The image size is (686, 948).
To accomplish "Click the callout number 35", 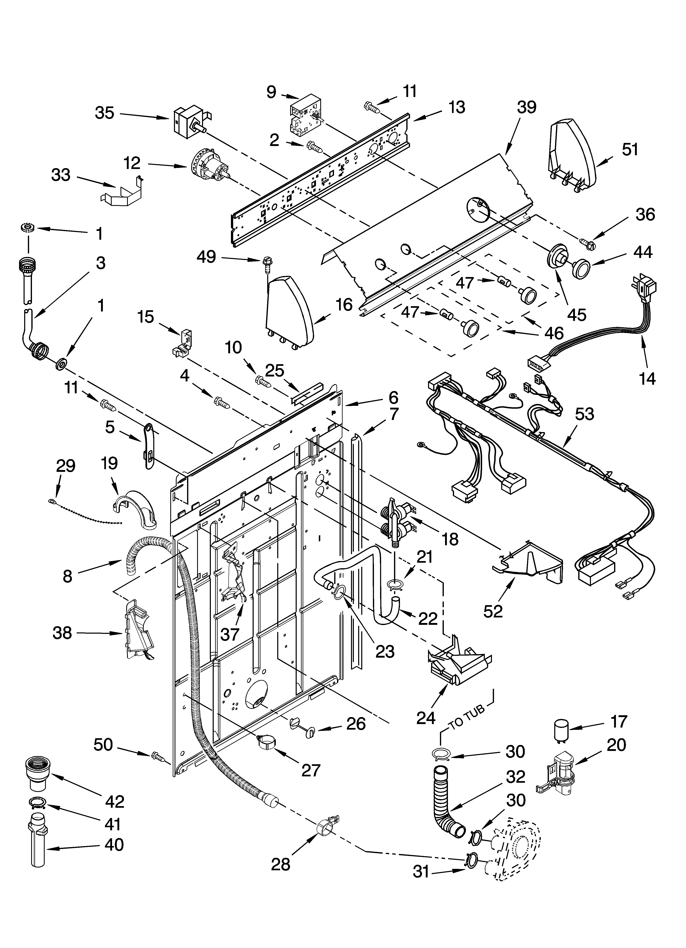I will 104,113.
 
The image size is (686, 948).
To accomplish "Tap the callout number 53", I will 584,414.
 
